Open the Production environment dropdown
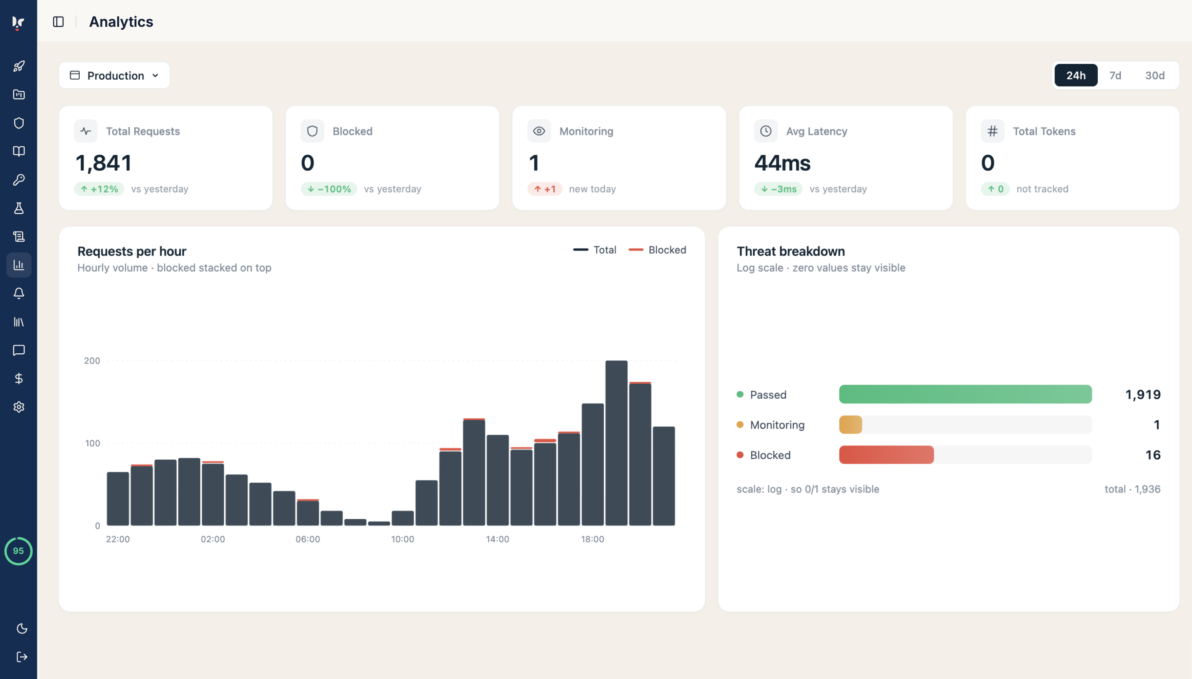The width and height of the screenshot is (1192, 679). (114, 75)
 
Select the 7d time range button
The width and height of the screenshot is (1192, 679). (1115, 75)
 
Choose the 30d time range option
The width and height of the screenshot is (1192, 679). (1155, 75)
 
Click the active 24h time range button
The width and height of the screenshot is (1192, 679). (1076, 75)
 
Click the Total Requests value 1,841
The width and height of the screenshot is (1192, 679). (104, 163)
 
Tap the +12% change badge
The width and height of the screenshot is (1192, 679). (99, 189)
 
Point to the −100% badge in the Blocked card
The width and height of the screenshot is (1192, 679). (329, 189)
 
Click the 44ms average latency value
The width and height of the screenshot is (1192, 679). (782, 163)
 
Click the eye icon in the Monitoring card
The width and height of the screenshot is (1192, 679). (539, 131)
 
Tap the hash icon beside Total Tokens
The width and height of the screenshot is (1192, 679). (993, 131)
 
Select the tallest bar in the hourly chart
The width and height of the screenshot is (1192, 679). (616, 443)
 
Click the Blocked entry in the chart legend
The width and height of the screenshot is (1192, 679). (657, 250)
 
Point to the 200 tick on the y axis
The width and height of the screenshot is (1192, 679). (92, 360)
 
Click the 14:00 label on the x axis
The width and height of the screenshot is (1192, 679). (497, 539)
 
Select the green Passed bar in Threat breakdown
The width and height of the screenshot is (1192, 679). (965, 394)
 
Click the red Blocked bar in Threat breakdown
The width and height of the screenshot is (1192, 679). (886, 455)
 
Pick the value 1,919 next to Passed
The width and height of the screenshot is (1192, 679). (1143, 395)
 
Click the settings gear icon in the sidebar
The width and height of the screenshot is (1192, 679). (19, 407)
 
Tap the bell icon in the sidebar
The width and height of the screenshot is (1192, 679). (19, 293)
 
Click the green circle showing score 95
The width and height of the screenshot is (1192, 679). (18, 551)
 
